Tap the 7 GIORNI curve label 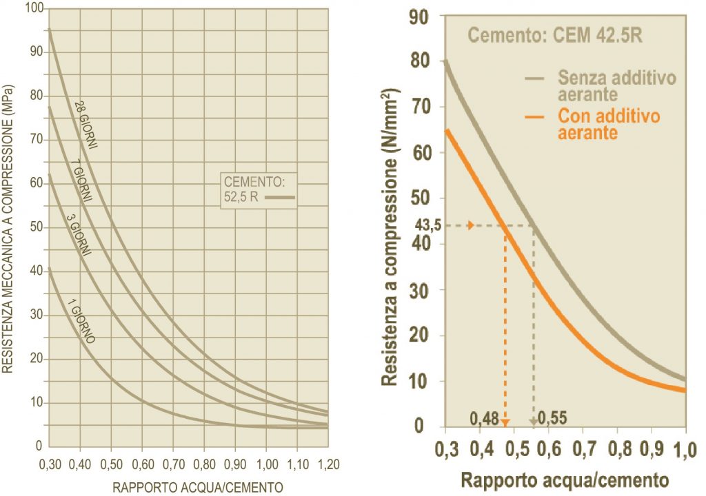tap(83, 185)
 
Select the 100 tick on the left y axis tap(33, 8)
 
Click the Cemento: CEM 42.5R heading tap(555, 35)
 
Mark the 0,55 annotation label tap(552, 417)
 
